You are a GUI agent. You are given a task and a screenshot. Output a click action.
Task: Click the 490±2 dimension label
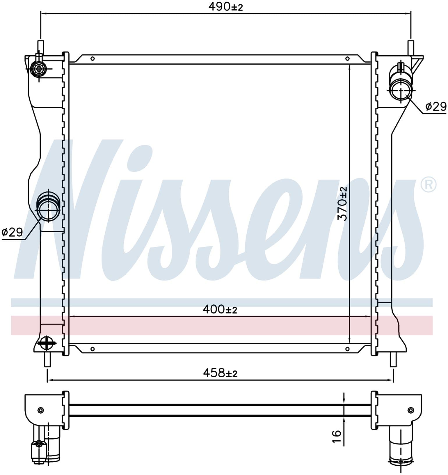tap(225, 7)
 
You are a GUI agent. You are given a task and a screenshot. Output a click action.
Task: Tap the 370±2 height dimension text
tap(342, 203)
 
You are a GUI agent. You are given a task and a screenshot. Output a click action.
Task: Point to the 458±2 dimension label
tap(220, 373)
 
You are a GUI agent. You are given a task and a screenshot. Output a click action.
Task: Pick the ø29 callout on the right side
tap(436, 107)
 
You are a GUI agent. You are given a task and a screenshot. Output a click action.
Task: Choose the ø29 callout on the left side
tap(12, 232)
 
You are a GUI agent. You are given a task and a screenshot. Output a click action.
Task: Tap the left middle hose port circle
tap(48, 210)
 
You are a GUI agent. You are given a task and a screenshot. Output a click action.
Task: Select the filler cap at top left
tap(39, 69)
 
